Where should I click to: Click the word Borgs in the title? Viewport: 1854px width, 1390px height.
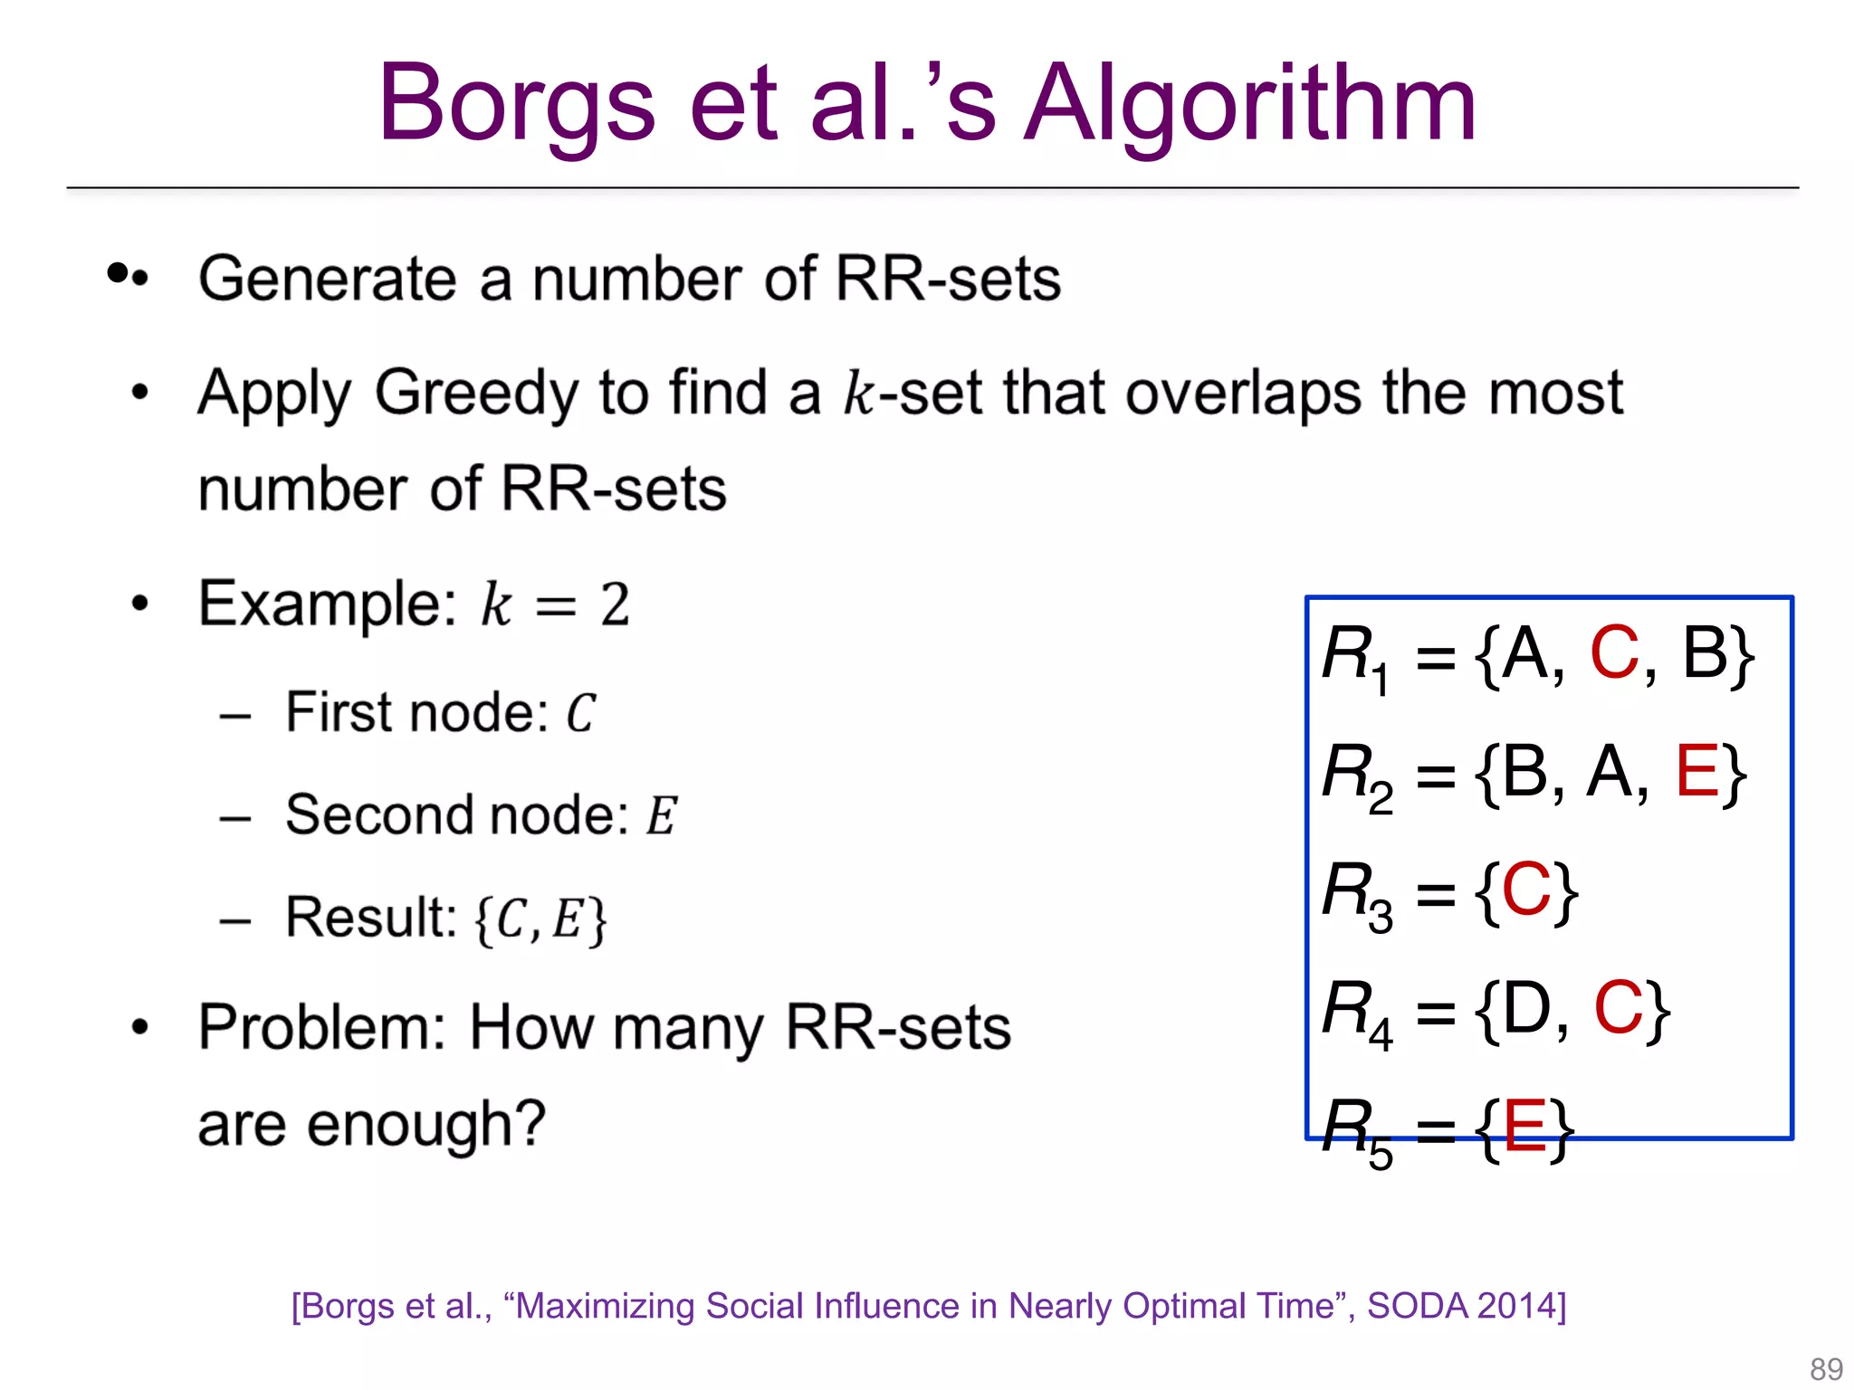pos(516,107)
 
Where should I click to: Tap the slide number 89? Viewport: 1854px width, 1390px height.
pos(1826,1368)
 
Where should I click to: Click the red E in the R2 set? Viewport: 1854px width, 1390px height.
pos(1696,771)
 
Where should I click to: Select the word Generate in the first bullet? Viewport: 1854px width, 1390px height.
pos(328,279)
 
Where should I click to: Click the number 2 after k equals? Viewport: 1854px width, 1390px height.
pos(615,605)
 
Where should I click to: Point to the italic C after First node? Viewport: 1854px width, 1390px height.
pos(580,714)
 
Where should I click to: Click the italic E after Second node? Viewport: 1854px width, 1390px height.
pos(661,816)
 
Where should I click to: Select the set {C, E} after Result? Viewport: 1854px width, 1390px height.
pos(540,919)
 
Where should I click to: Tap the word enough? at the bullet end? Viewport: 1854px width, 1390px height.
pos(425,1125)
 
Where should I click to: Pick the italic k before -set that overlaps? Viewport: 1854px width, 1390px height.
pos(858,394)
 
